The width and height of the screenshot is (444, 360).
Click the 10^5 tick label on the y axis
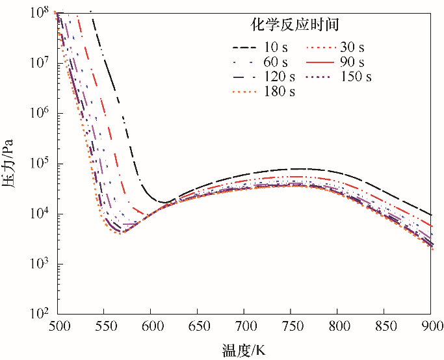[x=39, y=164]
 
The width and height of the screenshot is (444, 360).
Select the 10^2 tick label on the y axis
[x=39, y=315]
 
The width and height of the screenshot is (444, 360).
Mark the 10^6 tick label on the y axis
[x=39, y=114]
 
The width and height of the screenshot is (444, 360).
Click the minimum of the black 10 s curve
[x=165, y=202]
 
